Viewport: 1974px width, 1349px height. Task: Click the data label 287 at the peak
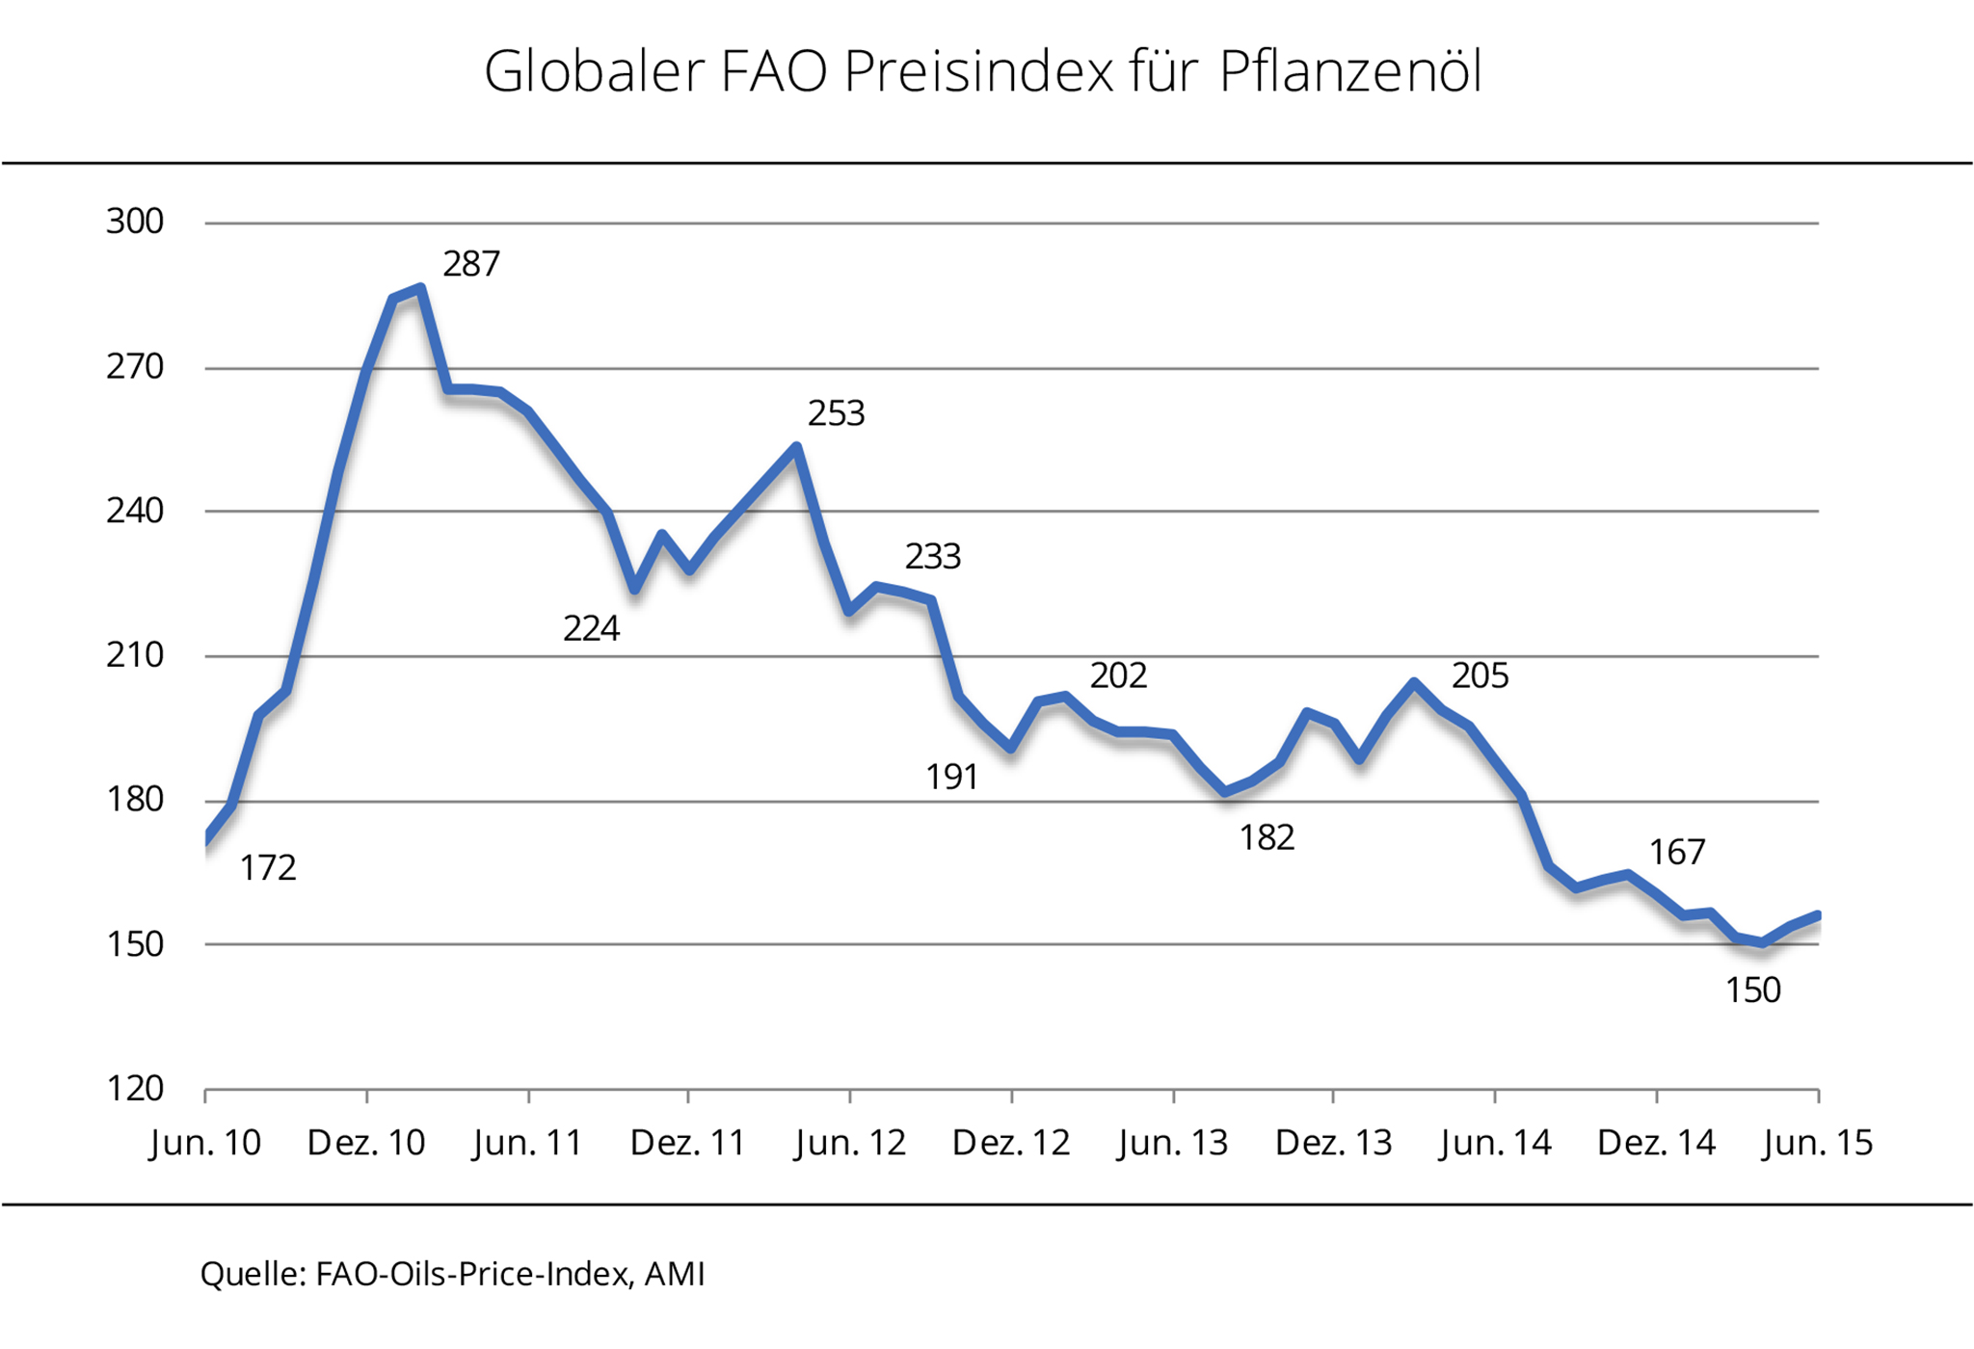471,264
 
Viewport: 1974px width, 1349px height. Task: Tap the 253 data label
836,414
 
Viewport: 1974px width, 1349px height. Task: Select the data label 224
591,629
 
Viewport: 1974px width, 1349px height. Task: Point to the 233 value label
932,557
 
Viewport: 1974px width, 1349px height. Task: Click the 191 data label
951,778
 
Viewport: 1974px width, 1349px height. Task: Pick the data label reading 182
1266,838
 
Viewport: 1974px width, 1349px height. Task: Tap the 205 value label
1480,676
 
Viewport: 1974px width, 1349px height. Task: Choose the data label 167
1676,853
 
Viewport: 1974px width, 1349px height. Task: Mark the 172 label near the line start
267,868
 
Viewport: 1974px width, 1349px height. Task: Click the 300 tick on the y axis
135,222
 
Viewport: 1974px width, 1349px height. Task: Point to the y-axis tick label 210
135,655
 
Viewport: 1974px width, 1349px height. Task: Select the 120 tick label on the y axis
135,1089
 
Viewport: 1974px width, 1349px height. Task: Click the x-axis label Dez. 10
365,1143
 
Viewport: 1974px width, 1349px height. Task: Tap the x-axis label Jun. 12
849,1143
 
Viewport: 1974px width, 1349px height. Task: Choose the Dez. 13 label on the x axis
1333,1143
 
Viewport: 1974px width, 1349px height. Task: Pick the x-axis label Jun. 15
1817,1143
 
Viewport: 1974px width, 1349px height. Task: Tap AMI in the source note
675,1274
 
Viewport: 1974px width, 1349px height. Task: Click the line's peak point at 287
421,287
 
